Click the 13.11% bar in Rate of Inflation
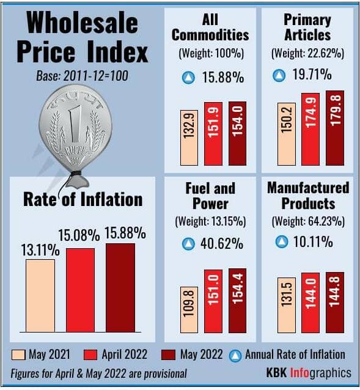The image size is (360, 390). [40, 295]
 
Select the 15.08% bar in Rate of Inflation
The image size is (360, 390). [80, 290]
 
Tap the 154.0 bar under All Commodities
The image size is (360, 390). [237, 133]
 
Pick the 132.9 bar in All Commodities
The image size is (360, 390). [189, 138]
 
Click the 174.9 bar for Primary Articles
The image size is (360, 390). [310, 130]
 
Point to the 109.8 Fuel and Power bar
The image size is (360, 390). [189, 310]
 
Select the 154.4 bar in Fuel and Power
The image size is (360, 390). [237, 301]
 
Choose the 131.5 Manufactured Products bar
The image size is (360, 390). [287, 306]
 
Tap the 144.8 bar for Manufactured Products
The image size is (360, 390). [335, 303]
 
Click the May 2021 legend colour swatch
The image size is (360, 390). [18, 355]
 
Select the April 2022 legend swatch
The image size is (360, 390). [90, 355]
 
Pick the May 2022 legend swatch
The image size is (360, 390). [168, 355]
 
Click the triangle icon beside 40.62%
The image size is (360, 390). [188, 244]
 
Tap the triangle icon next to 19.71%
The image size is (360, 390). [279, 75]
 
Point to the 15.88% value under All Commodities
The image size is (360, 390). [222, 77]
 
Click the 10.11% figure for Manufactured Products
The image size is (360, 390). [313, 241]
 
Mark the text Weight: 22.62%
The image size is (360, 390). [307, 53]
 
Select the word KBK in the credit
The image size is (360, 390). [276, 373]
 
